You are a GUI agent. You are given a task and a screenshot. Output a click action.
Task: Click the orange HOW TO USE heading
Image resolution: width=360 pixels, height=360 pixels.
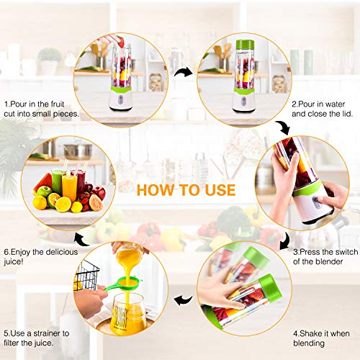(186, 190)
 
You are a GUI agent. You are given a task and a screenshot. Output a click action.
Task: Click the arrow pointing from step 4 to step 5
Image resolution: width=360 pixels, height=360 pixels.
(185, 297)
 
